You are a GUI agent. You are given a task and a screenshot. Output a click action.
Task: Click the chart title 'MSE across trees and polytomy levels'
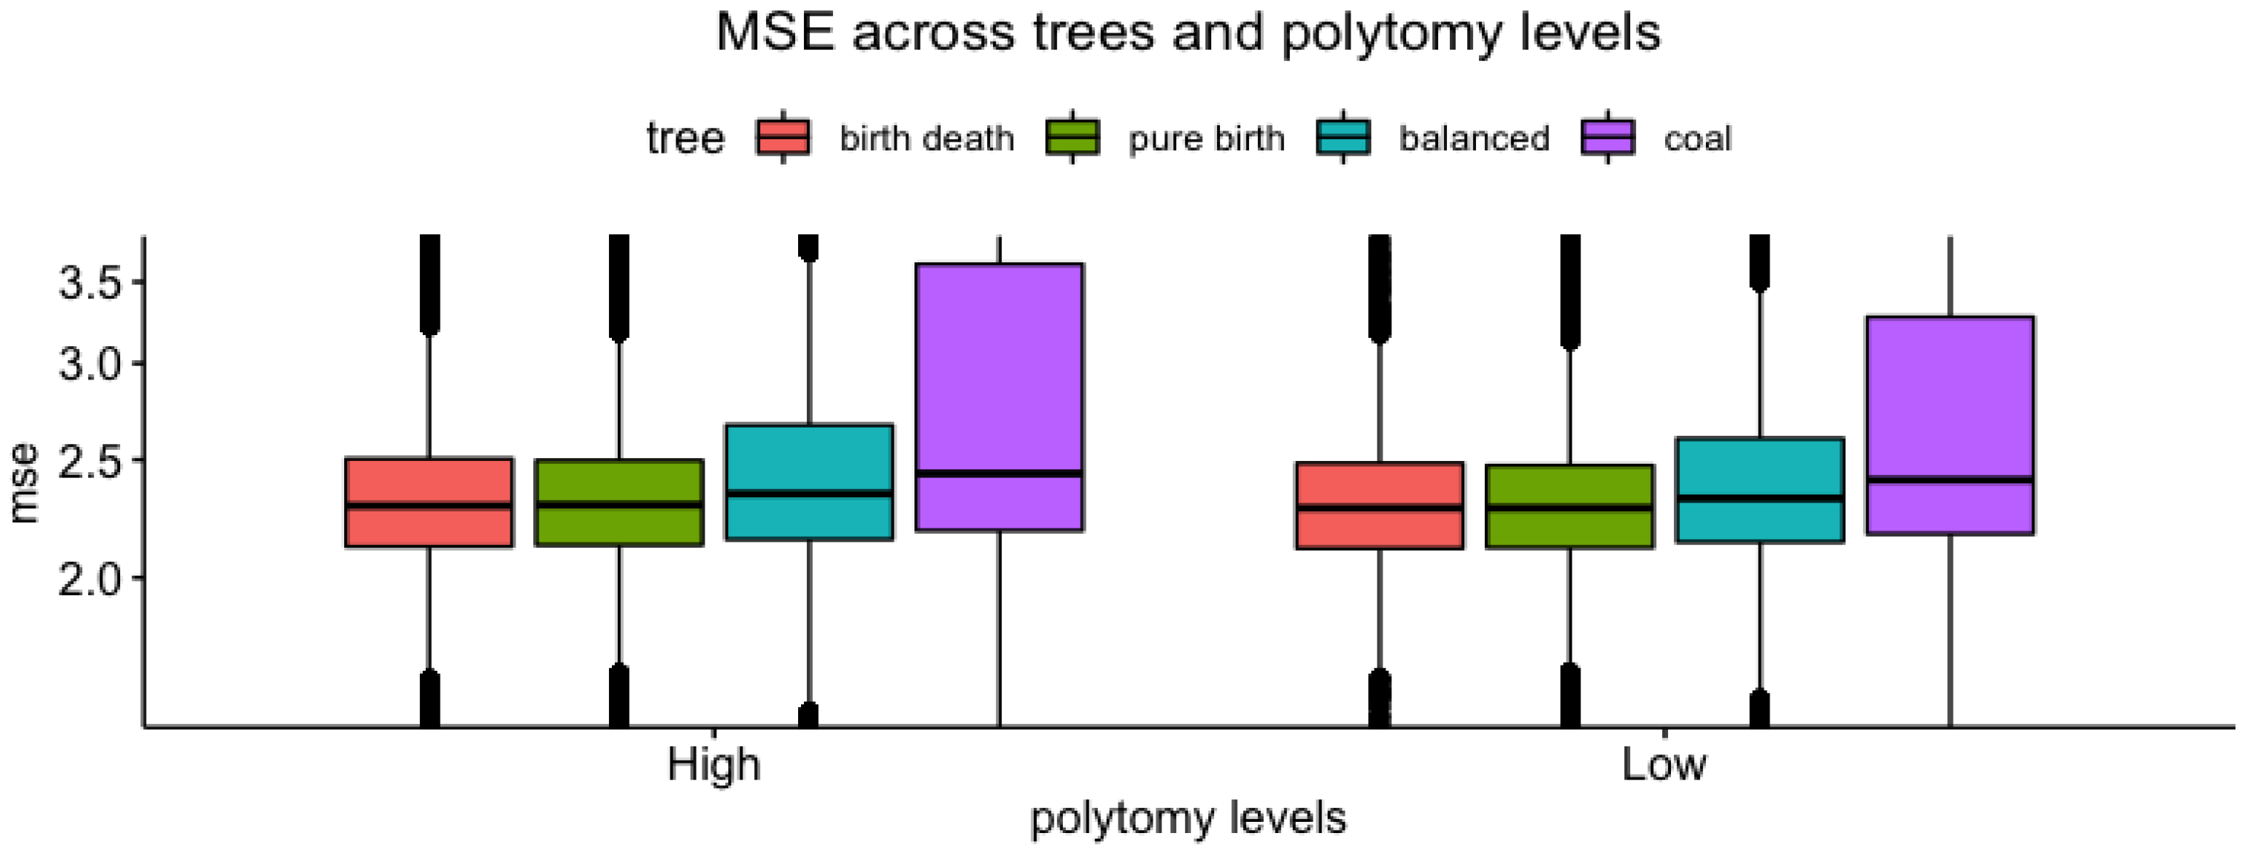pyautogui.click(x=1187, y=33)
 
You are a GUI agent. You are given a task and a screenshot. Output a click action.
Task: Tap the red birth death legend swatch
pyautogui.click(x=783, y=138)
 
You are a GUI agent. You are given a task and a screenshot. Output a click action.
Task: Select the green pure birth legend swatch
pyautogui.click(x=1072, y=138)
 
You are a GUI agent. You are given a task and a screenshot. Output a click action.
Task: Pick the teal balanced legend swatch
pyautogui.click(x=1343, y=138)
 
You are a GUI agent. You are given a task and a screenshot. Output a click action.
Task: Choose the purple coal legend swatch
pyautogui.click(x=1608, y=138)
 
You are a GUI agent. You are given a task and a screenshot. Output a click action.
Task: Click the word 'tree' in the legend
pyautogui.click(x=685, y=139)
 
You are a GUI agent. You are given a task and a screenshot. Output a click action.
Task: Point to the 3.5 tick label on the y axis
pyautogui.click(x=88, y=283)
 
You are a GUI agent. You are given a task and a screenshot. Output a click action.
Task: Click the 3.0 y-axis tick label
pyautogui.click(x=88, y=363)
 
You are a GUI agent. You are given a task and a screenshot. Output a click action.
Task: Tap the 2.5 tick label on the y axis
pyautogui.click(x=88, y=460)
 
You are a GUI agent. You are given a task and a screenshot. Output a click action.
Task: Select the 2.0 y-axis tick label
pyautogui.click(x=88, y=578)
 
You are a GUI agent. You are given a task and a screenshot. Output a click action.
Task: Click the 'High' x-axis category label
pyautogui.click(x=714, y=765)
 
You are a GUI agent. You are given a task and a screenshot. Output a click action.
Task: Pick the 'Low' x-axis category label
pyautogui.click(x=1664, y=765)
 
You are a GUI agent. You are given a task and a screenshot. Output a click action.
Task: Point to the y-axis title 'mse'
pyautogui.click(x=24, y=483)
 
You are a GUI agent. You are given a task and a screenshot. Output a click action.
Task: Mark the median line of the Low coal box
pyautogui.click(x=1951, y=480)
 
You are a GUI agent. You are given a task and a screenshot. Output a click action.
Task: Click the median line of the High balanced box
pyautogui.click(x=809, y=494)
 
